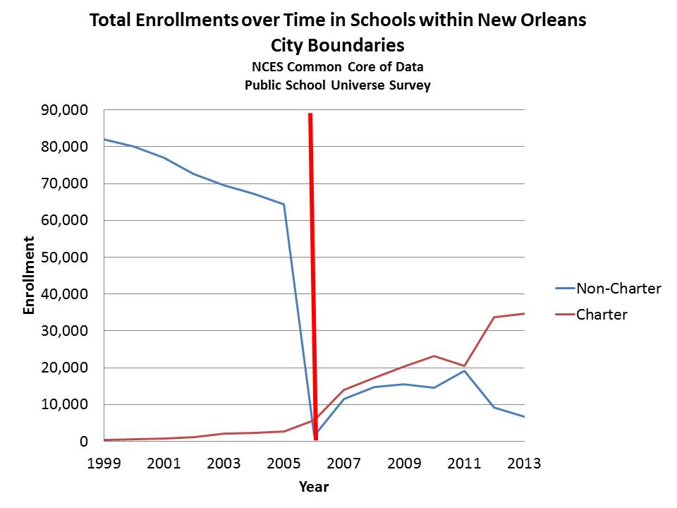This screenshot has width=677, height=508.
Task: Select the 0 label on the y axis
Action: pyautogui.click(x=83, y=442)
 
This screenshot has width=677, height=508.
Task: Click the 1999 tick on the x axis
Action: pyautogui.click(x=104, y=464)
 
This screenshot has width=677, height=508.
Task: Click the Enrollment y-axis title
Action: pyautogui.click(x=30, y=276)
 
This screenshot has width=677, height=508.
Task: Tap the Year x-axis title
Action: pyautogui.click(x=314, y=487)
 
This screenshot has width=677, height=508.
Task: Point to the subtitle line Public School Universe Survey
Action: pyautogui.click(x=338, y=85)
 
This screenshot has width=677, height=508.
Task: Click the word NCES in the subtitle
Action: pyautogui.click(x=267, y=68)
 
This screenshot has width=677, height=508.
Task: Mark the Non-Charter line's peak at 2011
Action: pyautogui.click(x=464, y=371)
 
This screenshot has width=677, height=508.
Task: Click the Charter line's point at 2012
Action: pyautogui.click(x=494, y=317)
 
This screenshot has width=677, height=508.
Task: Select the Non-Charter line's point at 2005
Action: pyautogui.click(x=284, y=205)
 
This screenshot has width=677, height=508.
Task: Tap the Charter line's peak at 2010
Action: pyautogui.click(x=434, y=356)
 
